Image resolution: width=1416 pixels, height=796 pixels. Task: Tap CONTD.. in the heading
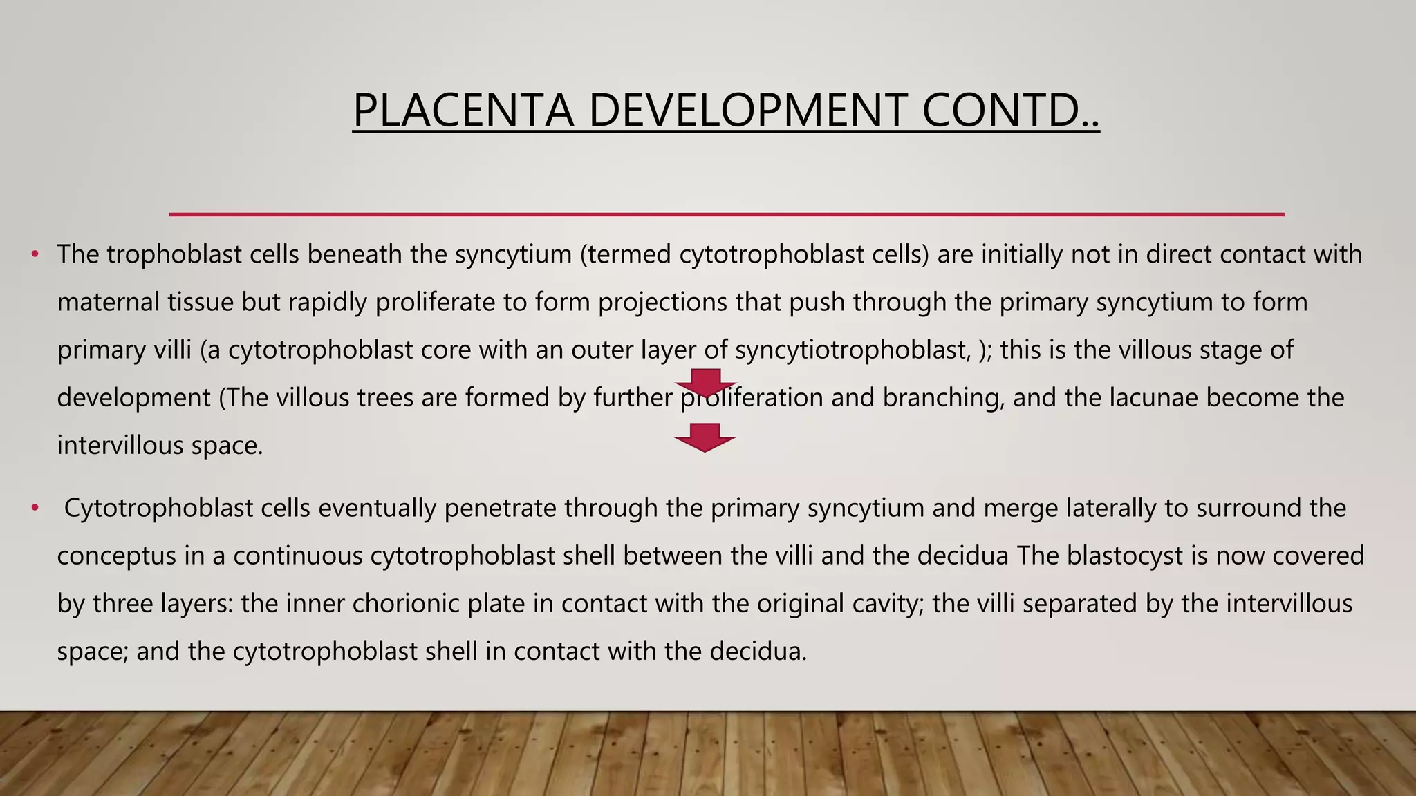point(1010,111)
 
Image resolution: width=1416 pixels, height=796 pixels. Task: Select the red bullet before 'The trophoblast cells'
point(35,255)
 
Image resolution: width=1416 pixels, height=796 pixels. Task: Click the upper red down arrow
point(705,382)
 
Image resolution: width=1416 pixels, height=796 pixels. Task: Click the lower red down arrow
point(705,437)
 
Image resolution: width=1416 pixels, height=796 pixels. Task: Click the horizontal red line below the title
point(726,214)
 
